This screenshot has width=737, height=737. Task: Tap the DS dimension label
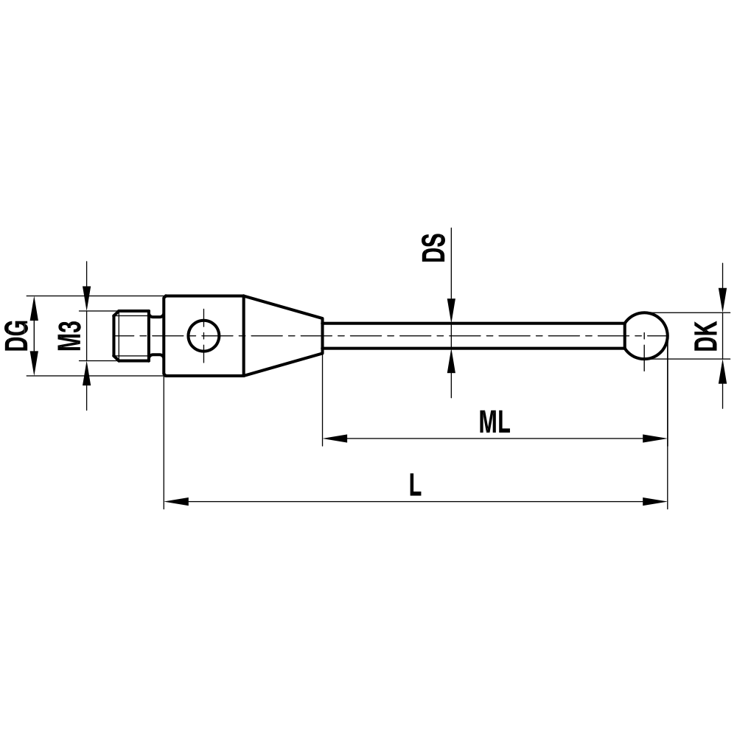[434, 248]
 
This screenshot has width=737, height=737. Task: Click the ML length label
[495, 423]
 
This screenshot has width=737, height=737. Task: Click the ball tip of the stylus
[646, 335]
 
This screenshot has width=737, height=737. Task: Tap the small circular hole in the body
[203, 336]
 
